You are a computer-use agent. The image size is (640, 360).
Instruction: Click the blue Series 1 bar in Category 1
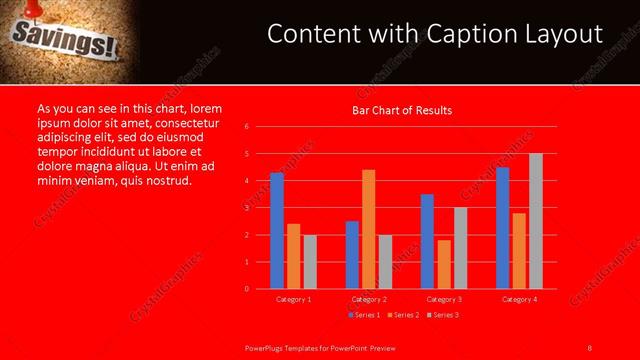coord(277,231)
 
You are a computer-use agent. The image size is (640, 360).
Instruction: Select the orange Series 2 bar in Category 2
coord(369,229)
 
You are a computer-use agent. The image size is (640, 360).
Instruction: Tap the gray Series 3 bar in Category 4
coord(536,221)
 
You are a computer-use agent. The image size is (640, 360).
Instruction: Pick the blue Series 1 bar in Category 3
coord(427,241)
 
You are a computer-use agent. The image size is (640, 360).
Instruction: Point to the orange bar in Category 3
coord(444,264)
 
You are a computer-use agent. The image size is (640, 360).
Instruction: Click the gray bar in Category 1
coord(310,262)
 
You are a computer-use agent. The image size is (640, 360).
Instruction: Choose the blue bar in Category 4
coord(502,228)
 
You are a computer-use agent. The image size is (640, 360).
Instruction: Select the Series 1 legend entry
coord(363,315)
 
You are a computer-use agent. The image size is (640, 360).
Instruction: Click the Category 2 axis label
coord(369,299)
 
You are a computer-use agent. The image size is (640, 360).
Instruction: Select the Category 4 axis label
coord(519,299)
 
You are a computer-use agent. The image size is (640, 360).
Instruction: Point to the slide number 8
coord(590,347)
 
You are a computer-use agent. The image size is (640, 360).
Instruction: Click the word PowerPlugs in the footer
coord(267,347)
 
